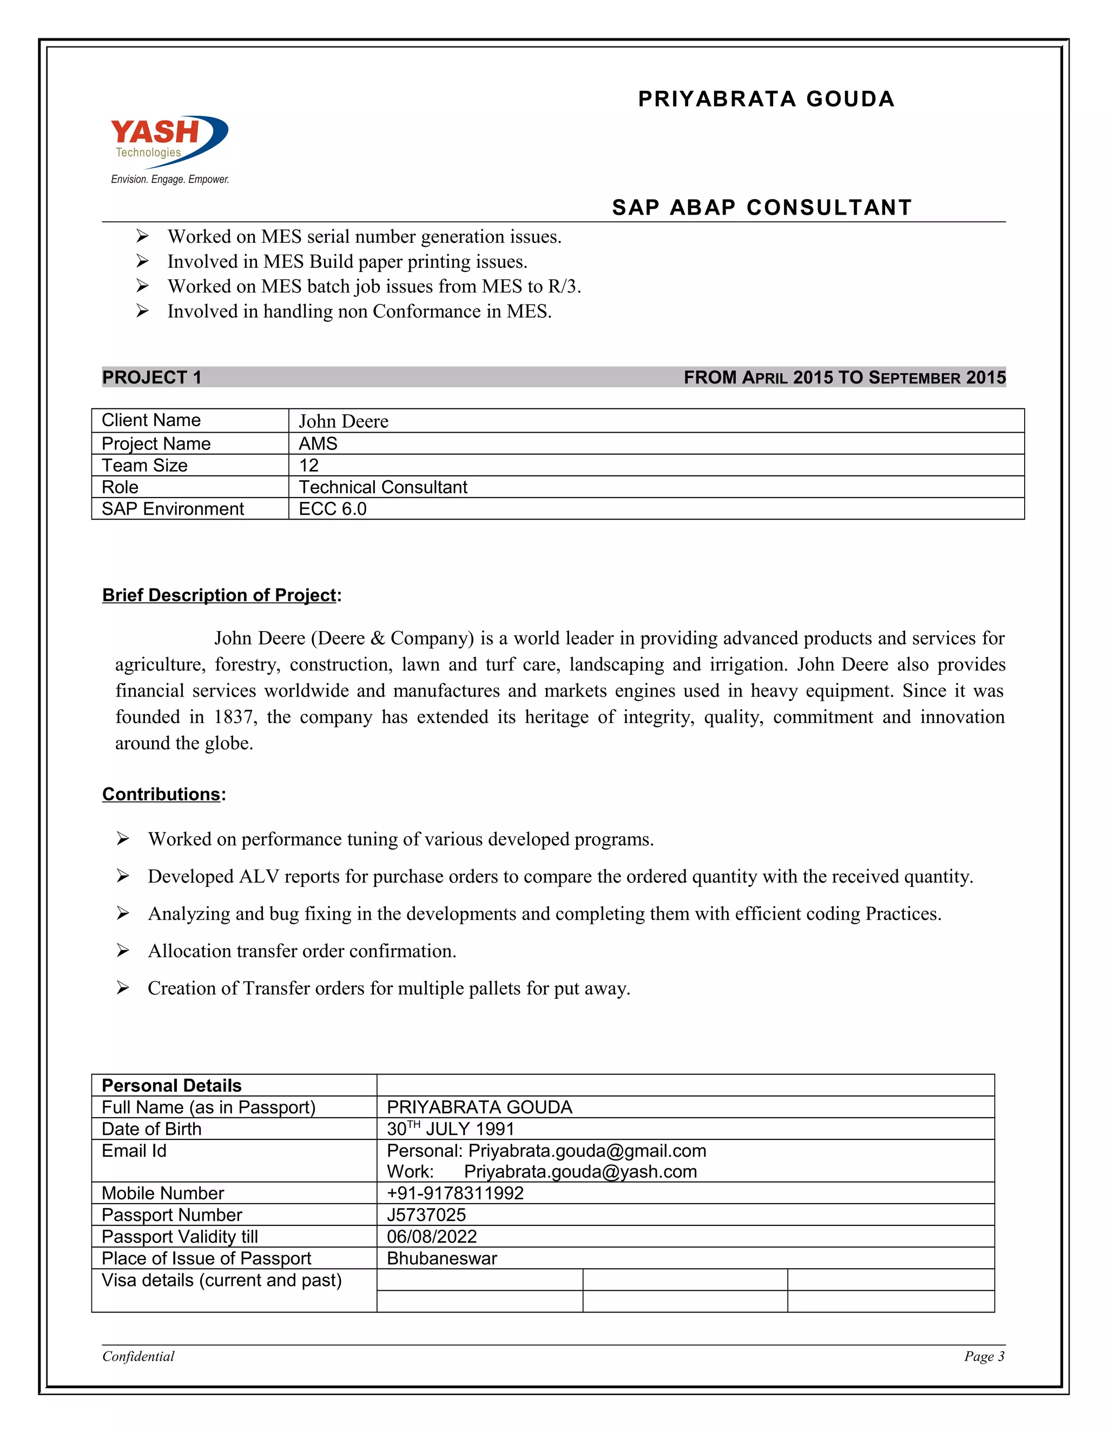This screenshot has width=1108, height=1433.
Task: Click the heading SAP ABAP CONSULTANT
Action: (x=761, y=207)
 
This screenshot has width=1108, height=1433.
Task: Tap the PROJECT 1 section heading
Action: (x=151, y=377)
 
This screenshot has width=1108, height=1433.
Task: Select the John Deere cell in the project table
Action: (x=344, y=421)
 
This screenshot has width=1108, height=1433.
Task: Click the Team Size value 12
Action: (x=308, y=465)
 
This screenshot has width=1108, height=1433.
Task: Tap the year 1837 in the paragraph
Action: (x=233, y=717)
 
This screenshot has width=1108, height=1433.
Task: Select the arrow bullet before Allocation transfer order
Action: (x=123, y=951)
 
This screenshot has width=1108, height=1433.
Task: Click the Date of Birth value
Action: (x=450, y=1129)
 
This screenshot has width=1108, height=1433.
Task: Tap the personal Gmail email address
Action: (x=587, y=1151)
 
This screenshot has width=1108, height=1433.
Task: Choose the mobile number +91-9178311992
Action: (x=455, y=1193)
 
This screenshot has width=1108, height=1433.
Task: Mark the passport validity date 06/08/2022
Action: (x=431, y=1237)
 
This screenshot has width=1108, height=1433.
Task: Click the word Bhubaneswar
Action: (x=442, y=1258)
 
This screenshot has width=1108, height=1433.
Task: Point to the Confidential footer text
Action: (x=138, y=1356)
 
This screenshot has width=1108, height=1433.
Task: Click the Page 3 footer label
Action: (x=983, y=1356)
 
